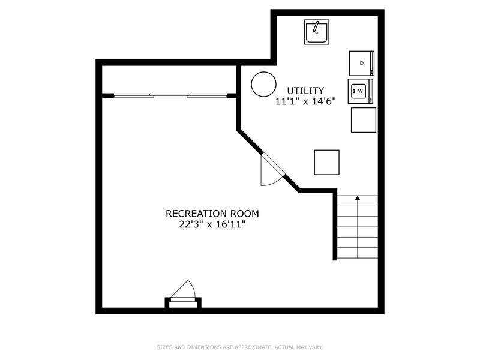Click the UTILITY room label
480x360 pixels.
click(305, 91)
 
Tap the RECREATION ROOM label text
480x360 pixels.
click(212, 214)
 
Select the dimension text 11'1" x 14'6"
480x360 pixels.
click(305, 101)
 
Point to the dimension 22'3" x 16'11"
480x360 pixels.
click(212, 224)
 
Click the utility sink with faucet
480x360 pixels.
click(317, 32)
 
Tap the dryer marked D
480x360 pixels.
click(362, 63)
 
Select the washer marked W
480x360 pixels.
click(361, 91)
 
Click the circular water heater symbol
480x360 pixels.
click(263, 84)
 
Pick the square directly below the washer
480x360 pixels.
click(364, 120)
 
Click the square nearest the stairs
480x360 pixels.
click(326, 162)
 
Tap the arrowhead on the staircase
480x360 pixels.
click(358, 198)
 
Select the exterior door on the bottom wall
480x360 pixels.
click(183, 294)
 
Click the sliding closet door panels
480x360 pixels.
click(170, 95)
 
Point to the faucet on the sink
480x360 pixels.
click(316, 27)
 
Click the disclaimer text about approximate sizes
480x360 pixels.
click(239, 347)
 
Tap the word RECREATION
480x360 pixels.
click(197, 214)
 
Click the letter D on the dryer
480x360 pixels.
click(362, 63)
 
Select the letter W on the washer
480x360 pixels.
click(361, 91)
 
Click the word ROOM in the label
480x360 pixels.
click(245, 214)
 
